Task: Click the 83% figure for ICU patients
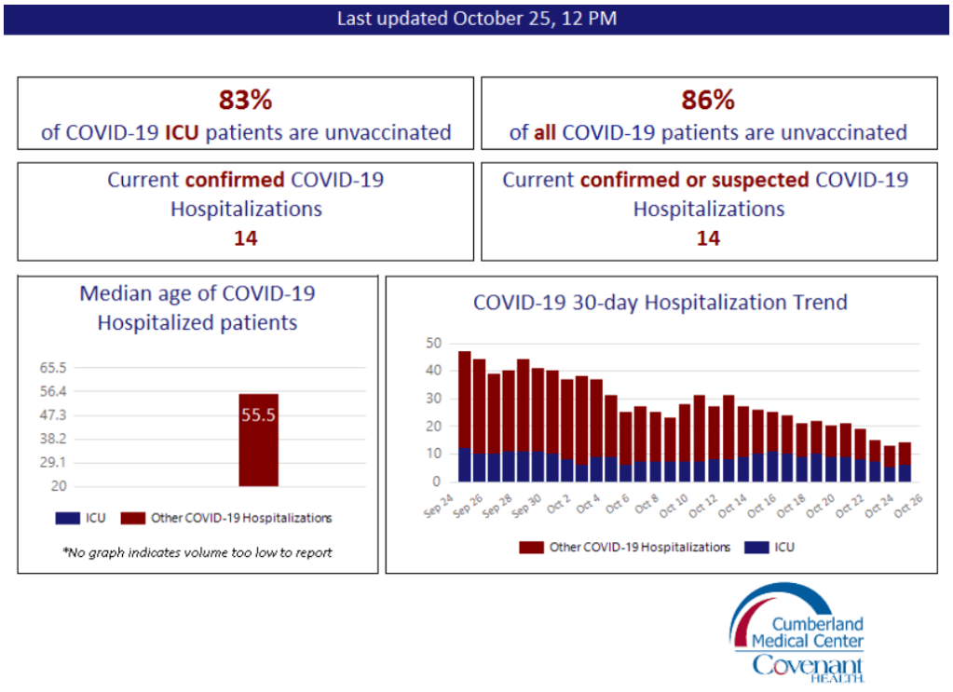click(245, 100)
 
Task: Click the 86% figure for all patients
click(708, 100)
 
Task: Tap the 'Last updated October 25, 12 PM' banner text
click(476, 19)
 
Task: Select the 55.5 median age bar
click(258, 440)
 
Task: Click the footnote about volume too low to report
click(197, 552)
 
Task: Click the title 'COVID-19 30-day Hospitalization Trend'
click(660, 303)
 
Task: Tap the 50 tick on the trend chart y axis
click(433, 343)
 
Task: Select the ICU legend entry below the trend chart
click(772, 547)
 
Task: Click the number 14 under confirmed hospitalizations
click(245, 238)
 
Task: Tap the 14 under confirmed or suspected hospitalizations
click(708, 238)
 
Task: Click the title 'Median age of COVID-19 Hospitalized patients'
click(197, 308)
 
